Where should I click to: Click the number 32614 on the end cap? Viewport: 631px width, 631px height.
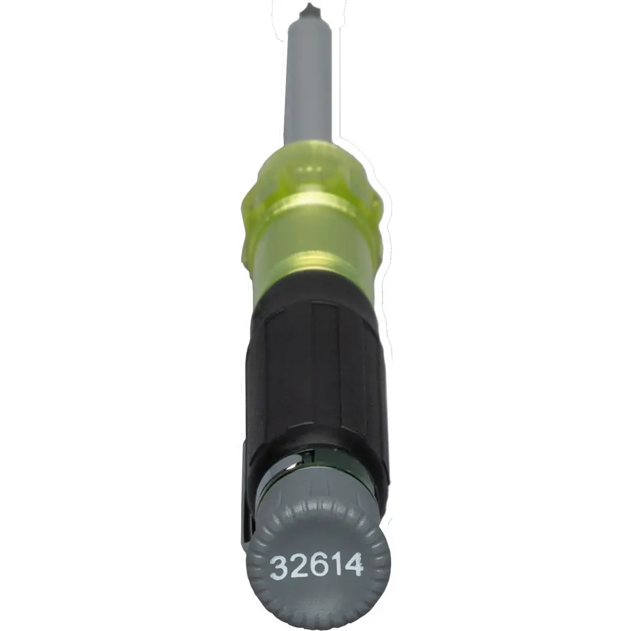317,565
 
